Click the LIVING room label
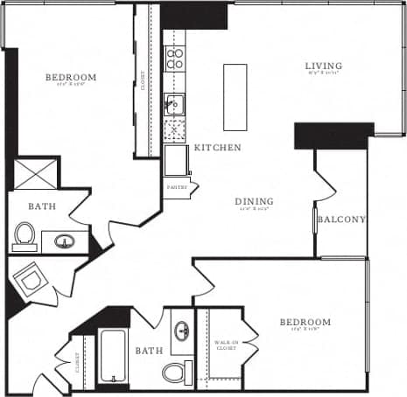point(323,66)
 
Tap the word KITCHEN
point(217,148)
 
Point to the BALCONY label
point(340,219)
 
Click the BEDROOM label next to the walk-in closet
point(305,323)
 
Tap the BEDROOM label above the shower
point(71,78)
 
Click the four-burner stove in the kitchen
point(175,59)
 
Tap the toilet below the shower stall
point(25,235)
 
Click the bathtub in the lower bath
point(114,355)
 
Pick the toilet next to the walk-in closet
point(175,372)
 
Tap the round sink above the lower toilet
point(182,332)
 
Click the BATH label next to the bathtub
point(149,351)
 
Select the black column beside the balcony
point(322,136)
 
